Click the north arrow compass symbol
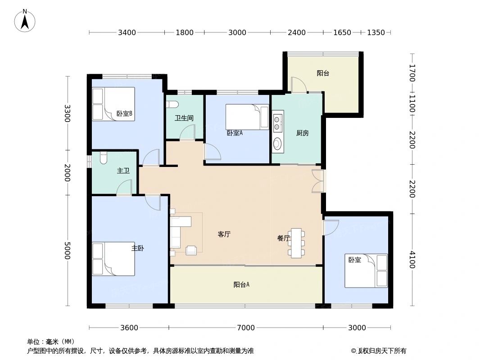[x=25, y=20]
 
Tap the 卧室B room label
[x=124, y=113]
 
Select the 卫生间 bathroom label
[x=184, y=118]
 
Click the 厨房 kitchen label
[x=302, y=133]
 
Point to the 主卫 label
[x=123, y=171]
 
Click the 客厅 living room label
[x=224, y=234]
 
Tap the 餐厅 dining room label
[x=283, y=238]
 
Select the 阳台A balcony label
[x=241, y=284]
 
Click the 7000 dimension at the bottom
[x=246, y=328]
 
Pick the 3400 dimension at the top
[x=127, y=32]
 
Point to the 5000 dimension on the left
[x=68, y=251]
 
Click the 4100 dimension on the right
[x=412, y=260]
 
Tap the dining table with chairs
[x=296, y=243]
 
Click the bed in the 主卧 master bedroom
[x=113, y=259]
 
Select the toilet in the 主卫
[x=103, y=158]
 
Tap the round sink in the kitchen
[x=278, y=144]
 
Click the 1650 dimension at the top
[x=342, y=32]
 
